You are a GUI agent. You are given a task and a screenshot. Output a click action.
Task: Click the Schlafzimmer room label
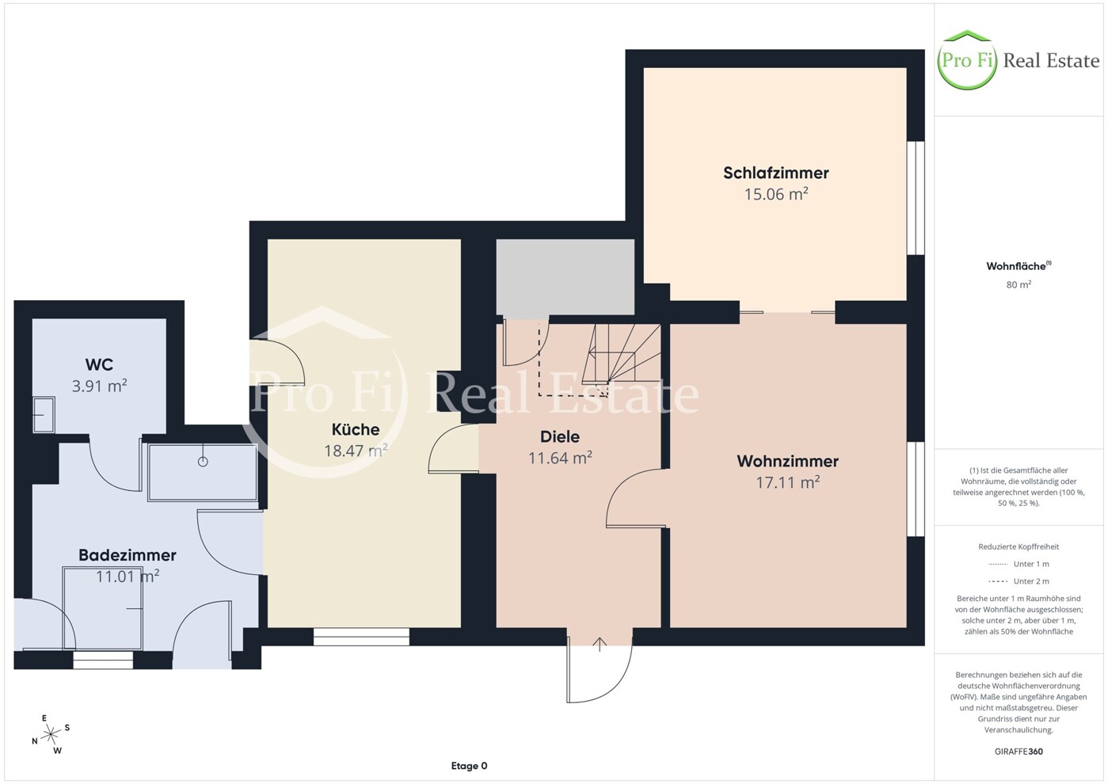pyautogui.click(x=775, y=173)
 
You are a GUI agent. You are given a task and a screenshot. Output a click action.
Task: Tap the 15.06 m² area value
pyautogui.click(x=776, y=193)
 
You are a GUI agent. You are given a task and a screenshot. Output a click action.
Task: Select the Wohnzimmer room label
pyautogui.click(x=787, y=461)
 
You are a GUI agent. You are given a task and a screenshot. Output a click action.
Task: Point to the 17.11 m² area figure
pyautogui.click(x=787, y=481)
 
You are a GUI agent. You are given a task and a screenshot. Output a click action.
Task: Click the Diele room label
pyautogui.click(x=560, y=436)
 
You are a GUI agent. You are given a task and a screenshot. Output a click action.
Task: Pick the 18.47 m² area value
pyautogui.click(x=356, y=450)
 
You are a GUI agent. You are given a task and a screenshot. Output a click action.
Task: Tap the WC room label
pyautogui.click(x=99, y=364)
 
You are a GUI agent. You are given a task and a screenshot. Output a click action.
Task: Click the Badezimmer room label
pyautogui.click(x=128, y=555)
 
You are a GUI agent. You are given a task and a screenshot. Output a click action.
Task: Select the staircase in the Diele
pyautogui.click(x=622, y=354)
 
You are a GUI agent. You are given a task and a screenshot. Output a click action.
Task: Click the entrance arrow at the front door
pyautogui.click(x=600, y=645)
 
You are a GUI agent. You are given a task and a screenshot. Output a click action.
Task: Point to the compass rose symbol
pyautogui.click(x=51, y=735)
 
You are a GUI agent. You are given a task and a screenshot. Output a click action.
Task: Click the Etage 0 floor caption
pyautogui.click(x=469, y=766)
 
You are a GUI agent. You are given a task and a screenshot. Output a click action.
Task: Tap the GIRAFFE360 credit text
pyautogui.click(x=1019, y=752)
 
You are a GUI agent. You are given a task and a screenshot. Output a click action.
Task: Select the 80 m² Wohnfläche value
pyautogui.click(x=1019, y=284)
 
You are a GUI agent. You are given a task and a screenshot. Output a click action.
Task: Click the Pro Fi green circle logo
pyautogui.click(x=967, y=60)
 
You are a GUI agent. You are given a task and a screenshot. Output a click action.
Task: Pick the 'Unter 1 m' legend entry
pyautogui.click(x=1019, y=564)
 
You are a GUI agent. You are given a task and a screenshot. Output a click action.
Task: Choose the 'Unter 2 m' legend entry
pyautogui.click(x=1019, y=581)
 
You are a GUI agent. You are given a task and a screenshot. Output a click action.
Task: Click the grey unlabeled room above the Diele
pyautogui.click(x=565, y=278)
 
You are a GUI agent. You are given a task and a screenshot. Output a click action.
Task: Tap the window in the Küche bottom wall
pyautogui.click(x=362, y=637)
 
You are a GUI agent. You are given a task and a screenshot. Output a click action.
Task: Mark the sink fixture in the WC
pyautogui.click(x=44, y=414)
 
